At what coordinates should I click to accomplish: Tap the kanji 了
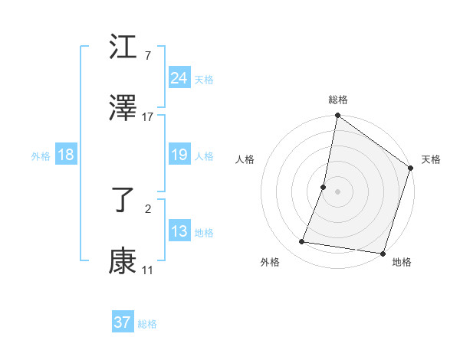123,201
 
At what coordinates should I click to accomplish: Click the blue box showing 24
179,78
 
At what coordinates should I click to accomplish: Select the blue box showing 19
179,155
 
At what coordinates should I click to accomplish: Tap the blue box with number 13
179,231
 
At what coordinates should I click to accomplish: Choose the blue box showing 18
65,155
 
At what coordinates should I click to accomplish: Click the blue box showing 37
122,323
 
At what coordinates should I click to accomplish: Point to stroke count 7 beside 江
148,55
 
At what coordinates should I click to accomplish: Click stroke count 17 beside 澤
148,116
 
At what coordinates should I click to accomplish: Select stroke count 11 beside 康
148,270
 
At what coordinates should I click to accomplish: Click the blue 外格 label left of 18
41,155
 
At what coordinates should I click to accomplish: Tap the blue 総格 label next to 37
147,324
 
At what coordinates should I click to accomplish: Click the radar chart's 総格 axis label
338,100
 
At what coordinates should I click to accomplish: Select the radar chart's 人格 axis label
245,159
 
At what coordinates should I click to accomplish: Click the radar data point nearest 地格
382,253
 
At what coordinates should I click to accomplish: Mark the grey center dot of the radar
337,191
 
